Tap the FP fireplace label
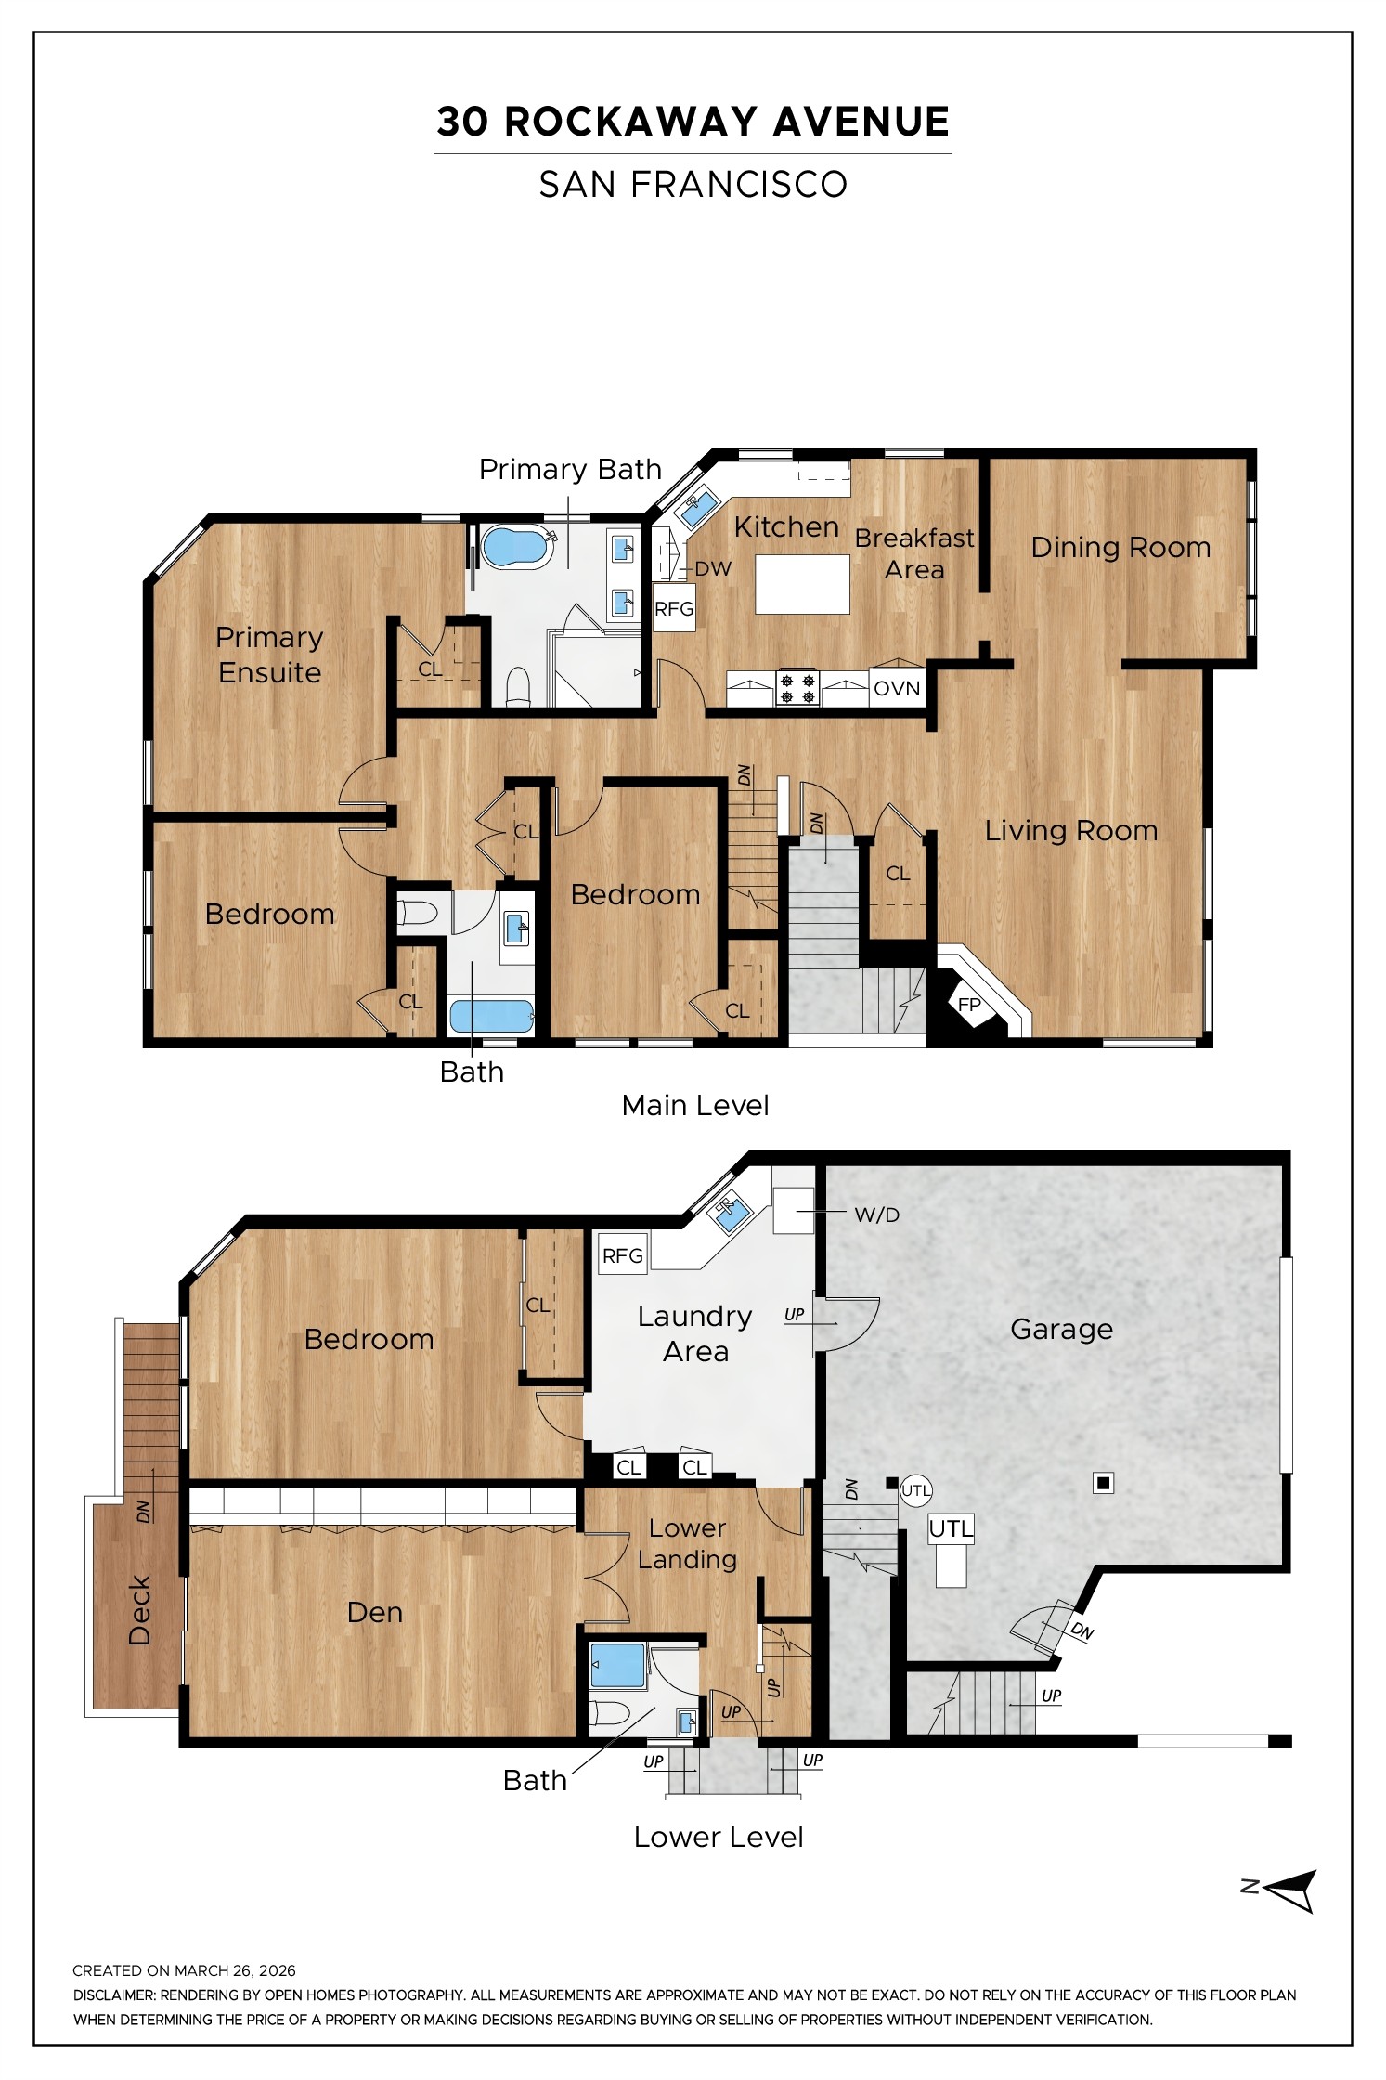[969, 1005]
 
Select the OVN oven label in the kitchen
[897, 688]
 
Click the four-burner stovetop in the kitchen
[797, 688]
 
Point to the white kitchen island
[802, 584]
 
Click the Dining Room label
[1120, 547]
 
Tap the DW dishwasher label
[713, 569]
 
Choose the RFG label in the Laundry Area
[622, 1255]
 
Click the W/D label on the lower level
[876, 1215]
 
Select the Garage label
[1061, 1330]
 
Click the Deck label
[139, 1611]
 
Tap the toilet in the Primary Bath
[519, 687]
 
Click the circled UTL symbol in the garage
[916, 1491]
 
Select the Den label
[375, 1612]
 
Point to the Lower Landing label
[687, 1543]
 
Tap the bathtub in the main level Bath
[492, 1016]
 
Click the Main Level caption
[695, 1105]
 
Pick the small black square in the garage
[1103, 1484]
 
